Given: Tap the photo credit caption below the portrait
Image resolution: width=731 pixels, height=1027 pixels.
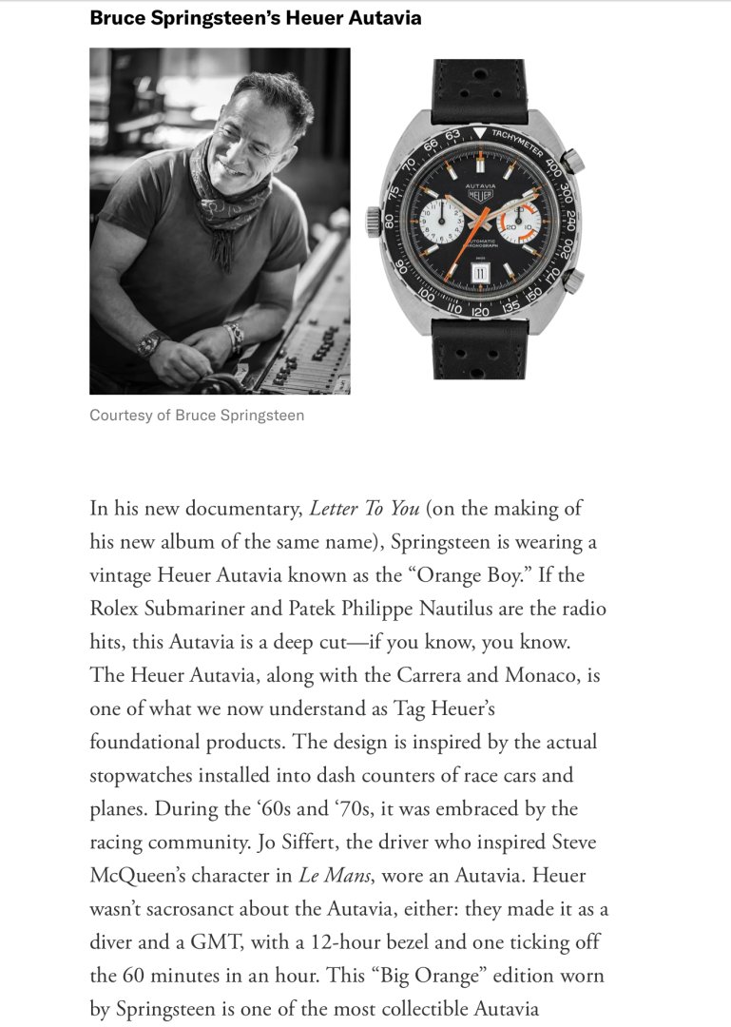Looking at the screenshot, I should tap(197, 416).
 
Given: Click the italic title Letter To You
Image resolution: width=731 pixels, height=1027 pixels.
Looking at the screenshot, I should tap(365, 508).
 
